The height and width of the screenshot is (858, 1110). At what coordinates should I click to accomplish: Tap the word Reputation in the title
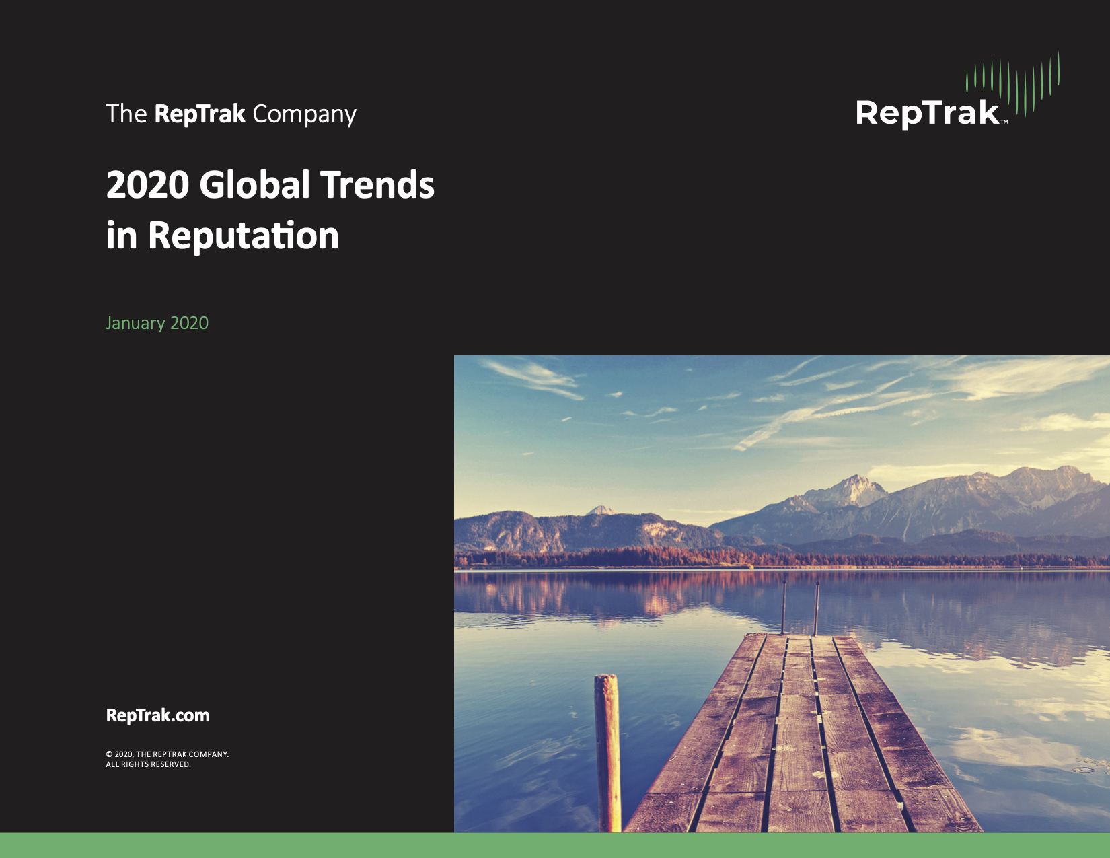(x=243, y=236)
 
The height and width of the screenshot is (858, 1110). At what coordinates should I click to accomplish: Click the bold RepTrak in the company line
(x=200, y=114)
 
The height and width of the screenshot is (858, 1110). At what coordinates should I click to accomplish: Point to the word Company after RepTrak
(x=304, y=114)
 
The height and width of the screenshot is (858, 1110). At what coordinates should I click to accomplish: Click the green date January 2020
(x=157, y=323)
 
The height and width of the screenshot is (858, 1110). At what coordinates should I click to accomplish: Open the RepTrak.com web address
(x=157, y=715)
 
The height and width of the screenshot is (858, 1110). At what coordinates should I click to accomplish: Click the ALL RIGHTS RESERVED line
(x=148, y=764)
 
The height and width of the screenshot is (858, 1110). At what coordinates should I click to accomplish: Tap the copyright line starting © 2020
(x=167, y=754)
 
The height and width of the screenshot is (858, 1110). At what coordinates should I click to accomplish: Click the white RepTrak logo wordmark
(x=927, y=113)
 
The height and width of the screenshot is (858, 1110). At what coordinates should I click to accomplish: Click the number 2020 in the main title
(x=148, y=184)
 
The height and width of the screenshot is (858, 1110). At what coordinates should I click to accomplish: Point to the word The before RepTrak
(x=126, y=114)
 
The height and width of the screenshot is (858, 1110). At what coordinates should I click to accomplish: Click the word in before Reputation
(x=121, y=236)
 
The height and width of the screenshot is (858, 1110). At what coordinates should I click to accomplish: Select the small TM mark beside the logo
(x=1004, y=122)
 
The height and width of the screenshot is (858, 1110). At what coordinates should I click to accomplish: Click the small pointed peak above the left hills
(x=601, y=509)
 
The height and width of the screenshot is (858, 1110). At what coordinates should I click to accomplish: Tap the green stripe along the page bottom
(x=555, y=845)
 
